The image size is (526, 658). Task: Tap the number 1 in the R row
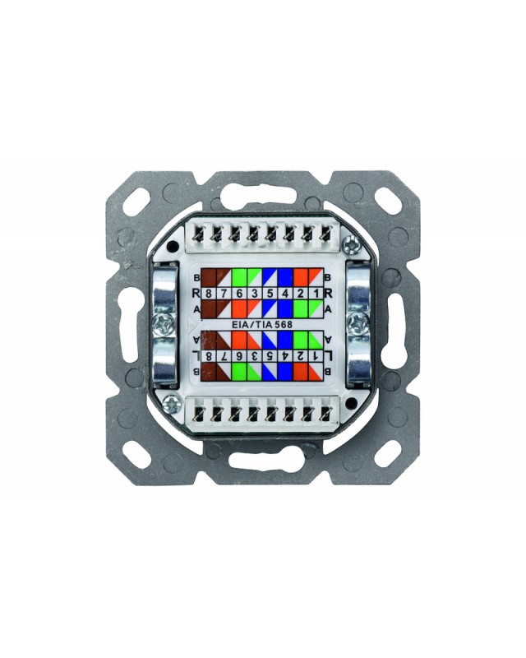tap(315, 292)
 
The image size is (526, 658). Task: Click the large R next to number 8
tap(194, 293)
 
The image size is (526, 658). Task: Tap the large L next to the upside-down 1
tap(330, 355)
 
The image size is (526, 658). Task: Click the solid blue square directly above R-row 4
tap(284, 276)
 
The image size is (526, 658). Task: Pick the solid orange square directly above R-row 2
tap(300, 276)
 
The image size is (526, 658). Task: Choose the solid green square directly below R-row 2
tap(300, 308)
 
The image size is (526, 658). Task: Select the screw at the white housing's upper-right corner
tap(352, 243)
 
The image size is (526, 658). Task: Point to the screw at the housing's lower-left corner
tap(173, 402)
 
